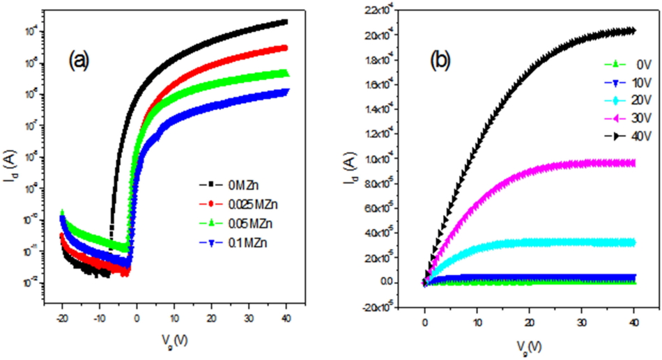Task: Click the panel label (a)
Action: (78, 61)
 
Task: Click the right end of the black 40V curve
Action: (632, 30)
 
